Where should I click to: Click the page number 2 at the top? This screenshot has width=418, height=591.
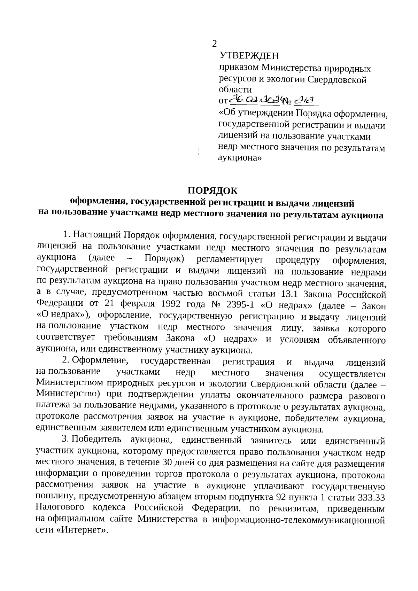pos(214,44)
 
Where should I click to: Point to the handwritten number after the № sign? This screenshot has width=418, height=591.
pos(306,101)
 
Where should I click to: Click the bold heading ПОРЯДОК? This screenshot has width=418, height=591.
pos(212,191)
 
